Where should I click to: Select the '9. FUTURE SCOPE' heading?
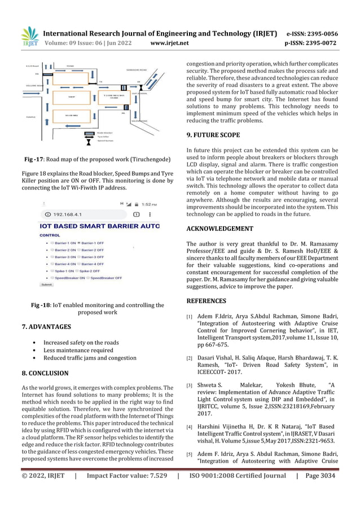(x=213, y=135)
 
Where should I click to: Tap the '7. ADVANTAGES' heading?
(x=46, y=327)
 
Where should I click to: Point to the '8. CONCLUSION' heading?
(x=45, y=373)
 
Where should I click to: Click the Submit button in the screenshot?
(x=47, y=285)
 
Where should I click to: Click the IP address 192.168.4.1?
(x=68, y=215)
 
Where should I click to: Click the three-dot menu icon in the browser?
(x=152, y=215)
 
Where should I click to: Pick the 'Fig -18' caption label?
(x=41, y=305)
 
